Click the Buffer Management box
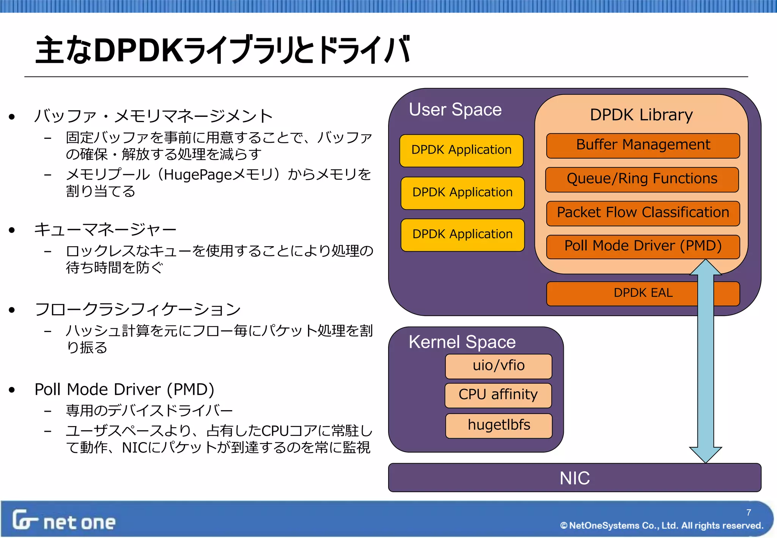pos(643,145)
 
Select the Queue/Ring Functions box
pos(642,179)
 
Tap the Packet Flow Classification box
pos(643,213)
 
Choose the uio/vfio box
pos(498,366)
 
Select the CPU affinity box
pos(498,395)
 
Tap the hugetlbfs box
pos(499,425)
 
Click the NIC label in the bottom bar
pos(574,478)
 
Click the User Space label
pos(455,110)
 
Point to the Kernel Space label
pos(462,342)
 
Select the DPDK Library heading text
pos(641,115)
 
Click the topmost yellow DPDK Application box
pos(461,150)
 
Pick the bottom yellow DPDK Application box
pos(462,234)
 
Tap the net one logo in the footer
pos(64,521)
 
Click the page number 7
pos(748,512)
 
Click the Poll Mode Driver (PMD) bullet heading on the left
pos(124,390)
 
